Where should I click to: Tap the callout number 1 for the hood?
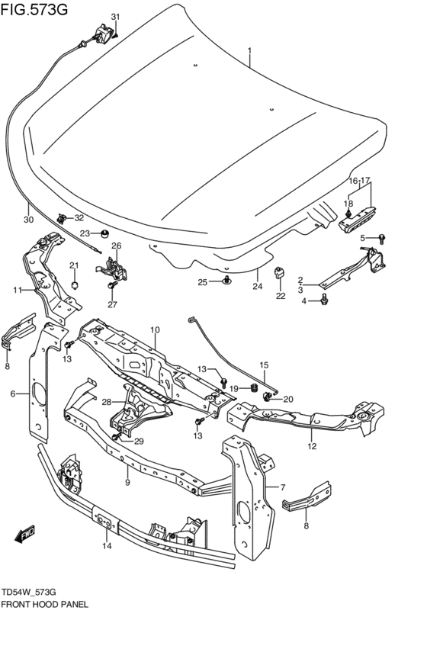click(249, 51)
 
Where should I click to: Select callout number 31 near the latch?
click(115, 17)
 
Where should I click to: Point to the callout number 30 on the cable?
click(28, 220)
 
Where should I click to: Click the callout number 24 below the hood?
click(257, 288)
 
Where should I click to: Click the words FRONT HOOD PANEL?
click(45, 603)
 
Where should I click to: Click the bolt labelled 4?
click(326, 300)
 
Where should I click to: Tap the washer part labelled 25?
click(226, 282)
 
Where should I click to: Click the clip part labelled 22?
click(280, 271)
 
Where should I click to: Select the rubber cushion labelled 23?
click(106, 233)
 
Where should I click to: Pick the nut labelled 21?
click(74, 284)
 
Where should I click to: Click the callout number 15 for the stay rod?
click(264, 365)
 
